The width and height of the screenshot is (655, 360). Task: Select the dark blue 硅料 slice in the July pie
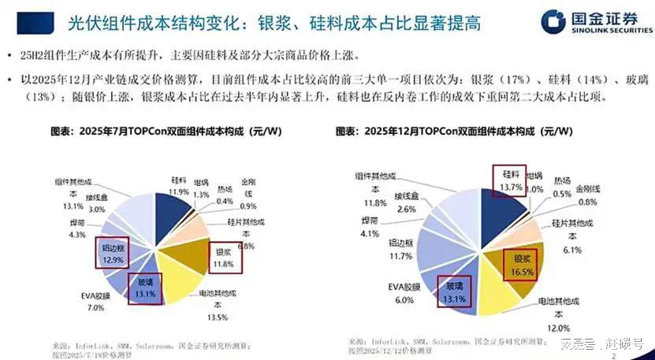coord(170,213)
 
